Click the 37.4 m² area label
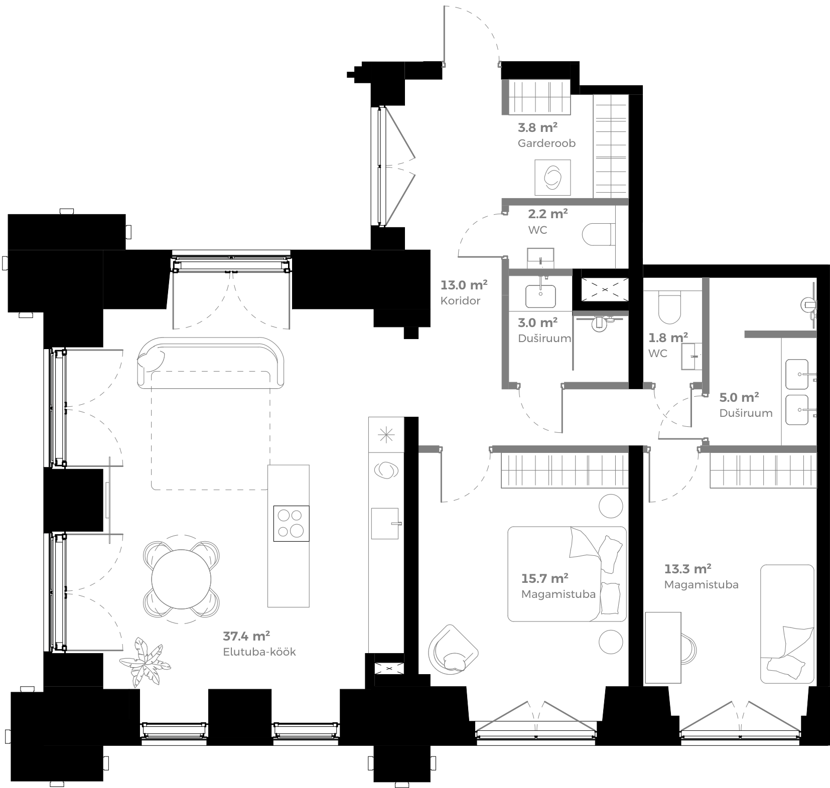pyautogui.click(x=246, y=637)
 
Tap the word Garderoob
pyautogui.click(x=546, y=143)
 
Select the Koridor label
pyautogui.click(x=460, y=301)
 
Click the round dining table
pyautogui.click(x=181, y=579)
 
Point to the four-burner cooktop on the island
pyautogui.click(x=291, y=524)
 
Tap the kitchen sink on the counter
pyautogui.click(x=385, y=523)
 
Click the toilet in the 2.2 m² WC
pyautogui.click(x=598, y=234)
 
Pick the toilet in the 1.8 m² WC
pyautogui.click(x=669, y=307)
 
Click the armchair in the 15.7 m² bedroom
pyautogui.click(x=452, y=650)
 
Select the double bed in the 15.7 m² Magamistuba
pyautogui.click(x=567, y=574)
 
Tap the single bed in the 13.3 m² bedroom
pyautogui.click(x=787, y=623)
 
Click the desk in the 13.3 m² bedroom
pyautogui.click(x=662, y=648)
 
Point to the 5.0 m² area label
pyautogui.click(x=739, y=398)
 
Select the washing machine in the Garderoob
pyautogui.click(x=552, y=178)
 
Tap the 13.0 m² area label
pyautogui.click(x=464, y=285)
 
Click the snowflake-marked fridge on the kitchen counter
pyautogui.click(x=386, y=434)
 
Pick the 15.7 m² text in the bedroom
pyautogui.click(x=544, y=578)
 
